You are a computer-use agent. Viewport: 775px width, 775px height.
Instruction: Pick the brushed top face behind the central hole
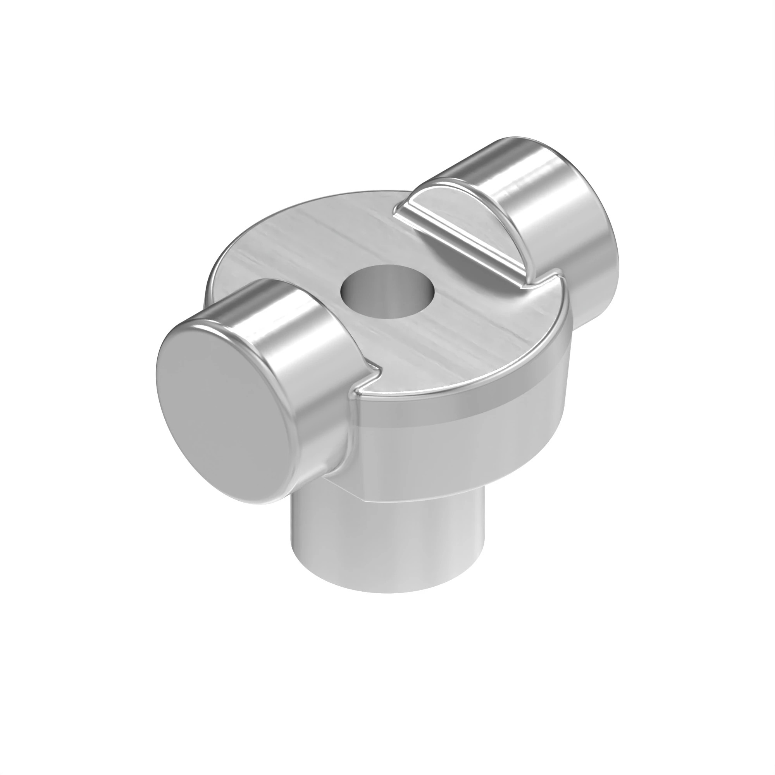click(341, 232)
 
